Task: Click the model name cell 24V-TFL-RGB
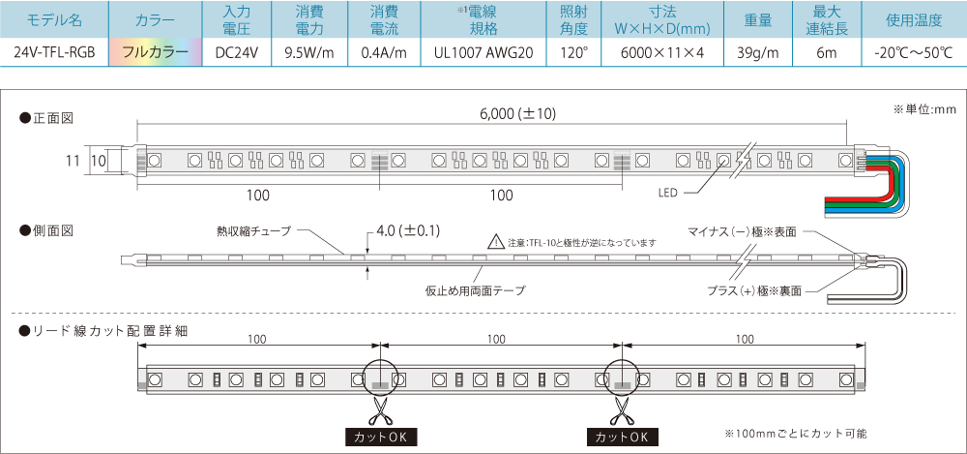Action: click(x=54, y=52)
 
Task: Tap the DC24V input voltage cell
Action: click(x=236, y=52)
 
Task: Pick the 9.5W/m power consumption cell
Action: click(x=309, y=52)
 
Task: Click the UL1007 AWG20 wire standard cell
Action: click(x=483, y=52)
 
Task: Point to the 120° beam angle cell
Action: click(x=573, y=52)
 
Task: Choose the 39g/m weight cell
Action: click(x=757, y=52)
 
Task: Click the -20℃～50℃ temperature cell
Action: click(x=914, y=52)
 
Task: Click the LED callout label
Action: click(x=667, y=193)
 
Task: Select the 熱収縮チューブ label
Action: click(x=253, y=231)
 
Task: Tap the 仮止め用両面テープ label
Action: click(x=476, y=289)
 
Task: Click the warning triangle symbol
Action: click(x=496, y=241)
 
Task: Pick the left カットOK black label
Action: click(x=380, y=437)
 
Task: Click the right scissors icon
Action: click(x=622, y=409)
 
